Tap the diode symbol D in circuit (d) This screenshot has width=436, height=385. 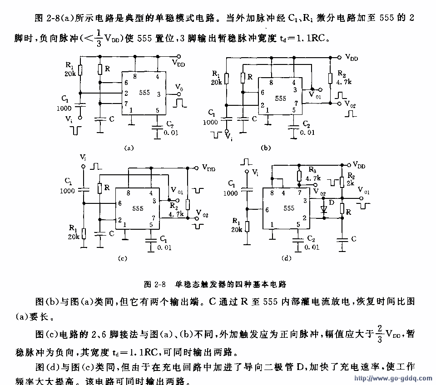click(x=323, y=210)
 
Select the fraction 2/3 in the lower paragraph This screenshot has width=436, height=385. click(x=379, y=334)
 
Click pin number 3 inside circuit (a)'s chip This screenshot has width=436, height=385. click(x=159, y=94)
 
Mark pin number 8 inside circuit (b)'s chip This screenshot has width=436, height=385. click(x=271, y=83)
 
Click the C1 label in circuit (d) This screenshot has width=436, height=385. click(x=231, y=185)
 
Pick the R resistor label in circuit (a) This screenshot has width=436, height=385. click(x=107, y=69)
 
